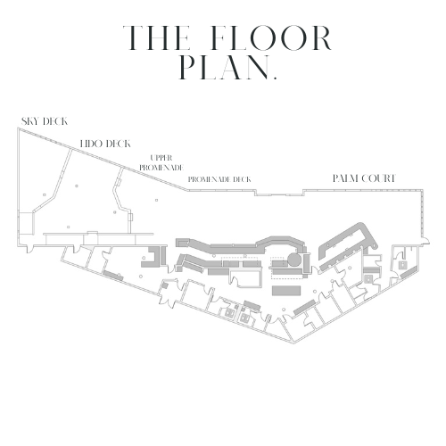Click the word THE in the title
coord(156,38)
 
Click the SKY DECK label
coord(45,121)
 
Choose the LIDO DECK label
coord(105,144)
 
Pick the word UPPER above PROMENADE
coord(161,158)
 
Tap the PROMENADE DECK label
coord(219,179)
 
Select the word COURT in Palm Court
coord(378,178)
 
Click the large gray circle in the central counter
coord(293,260)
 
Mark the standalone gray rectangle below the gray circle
coord(286,291)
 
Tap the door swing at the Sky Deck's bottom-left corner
coord(30,249)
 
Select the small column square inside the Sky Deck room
coord(45,194)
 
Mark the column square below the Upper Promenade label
coord(156,200)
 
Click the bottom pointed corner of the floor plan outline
coord(293,343)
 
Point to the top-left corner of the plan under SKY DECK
coord(18,128)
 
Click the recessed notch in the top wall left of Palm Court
coord(279,193)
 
